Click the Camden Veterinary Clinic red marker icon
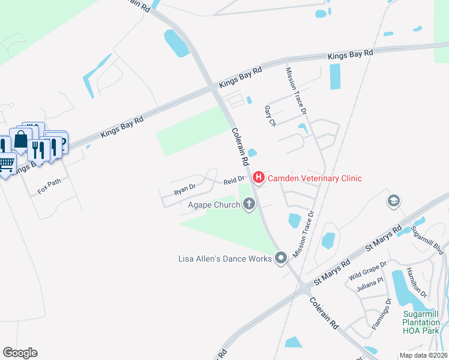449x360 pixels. coord(259,178)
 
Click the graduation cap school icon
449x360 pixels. coord(394,200)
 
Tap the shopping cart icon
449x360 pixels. coord(6,162)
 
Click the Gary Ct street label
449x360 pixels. coord(270,116)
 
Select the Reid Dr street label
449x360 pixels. coord(234,179)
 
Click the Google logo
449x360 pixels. coord(20,352)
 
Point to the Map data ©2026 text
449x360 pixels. coord(423,355)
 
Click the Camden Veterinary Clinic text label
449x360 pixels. coord(315,178)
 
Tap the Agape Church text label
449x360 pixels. coord(213,205)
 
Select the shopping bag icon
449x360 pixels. coord(20,139)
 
